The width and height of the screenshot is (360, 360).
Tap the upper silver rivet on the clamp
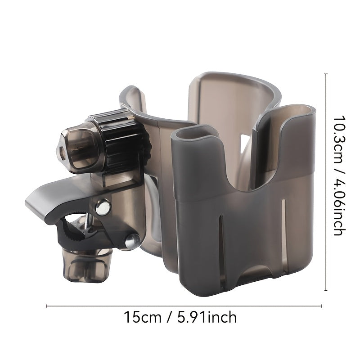click(x=103, y=208)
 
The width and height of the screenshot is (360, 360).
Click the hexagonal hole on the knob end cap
click(x=62, y=152)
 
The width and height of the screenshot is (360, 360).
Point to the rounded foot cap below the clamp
click(x=87, y=266)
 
